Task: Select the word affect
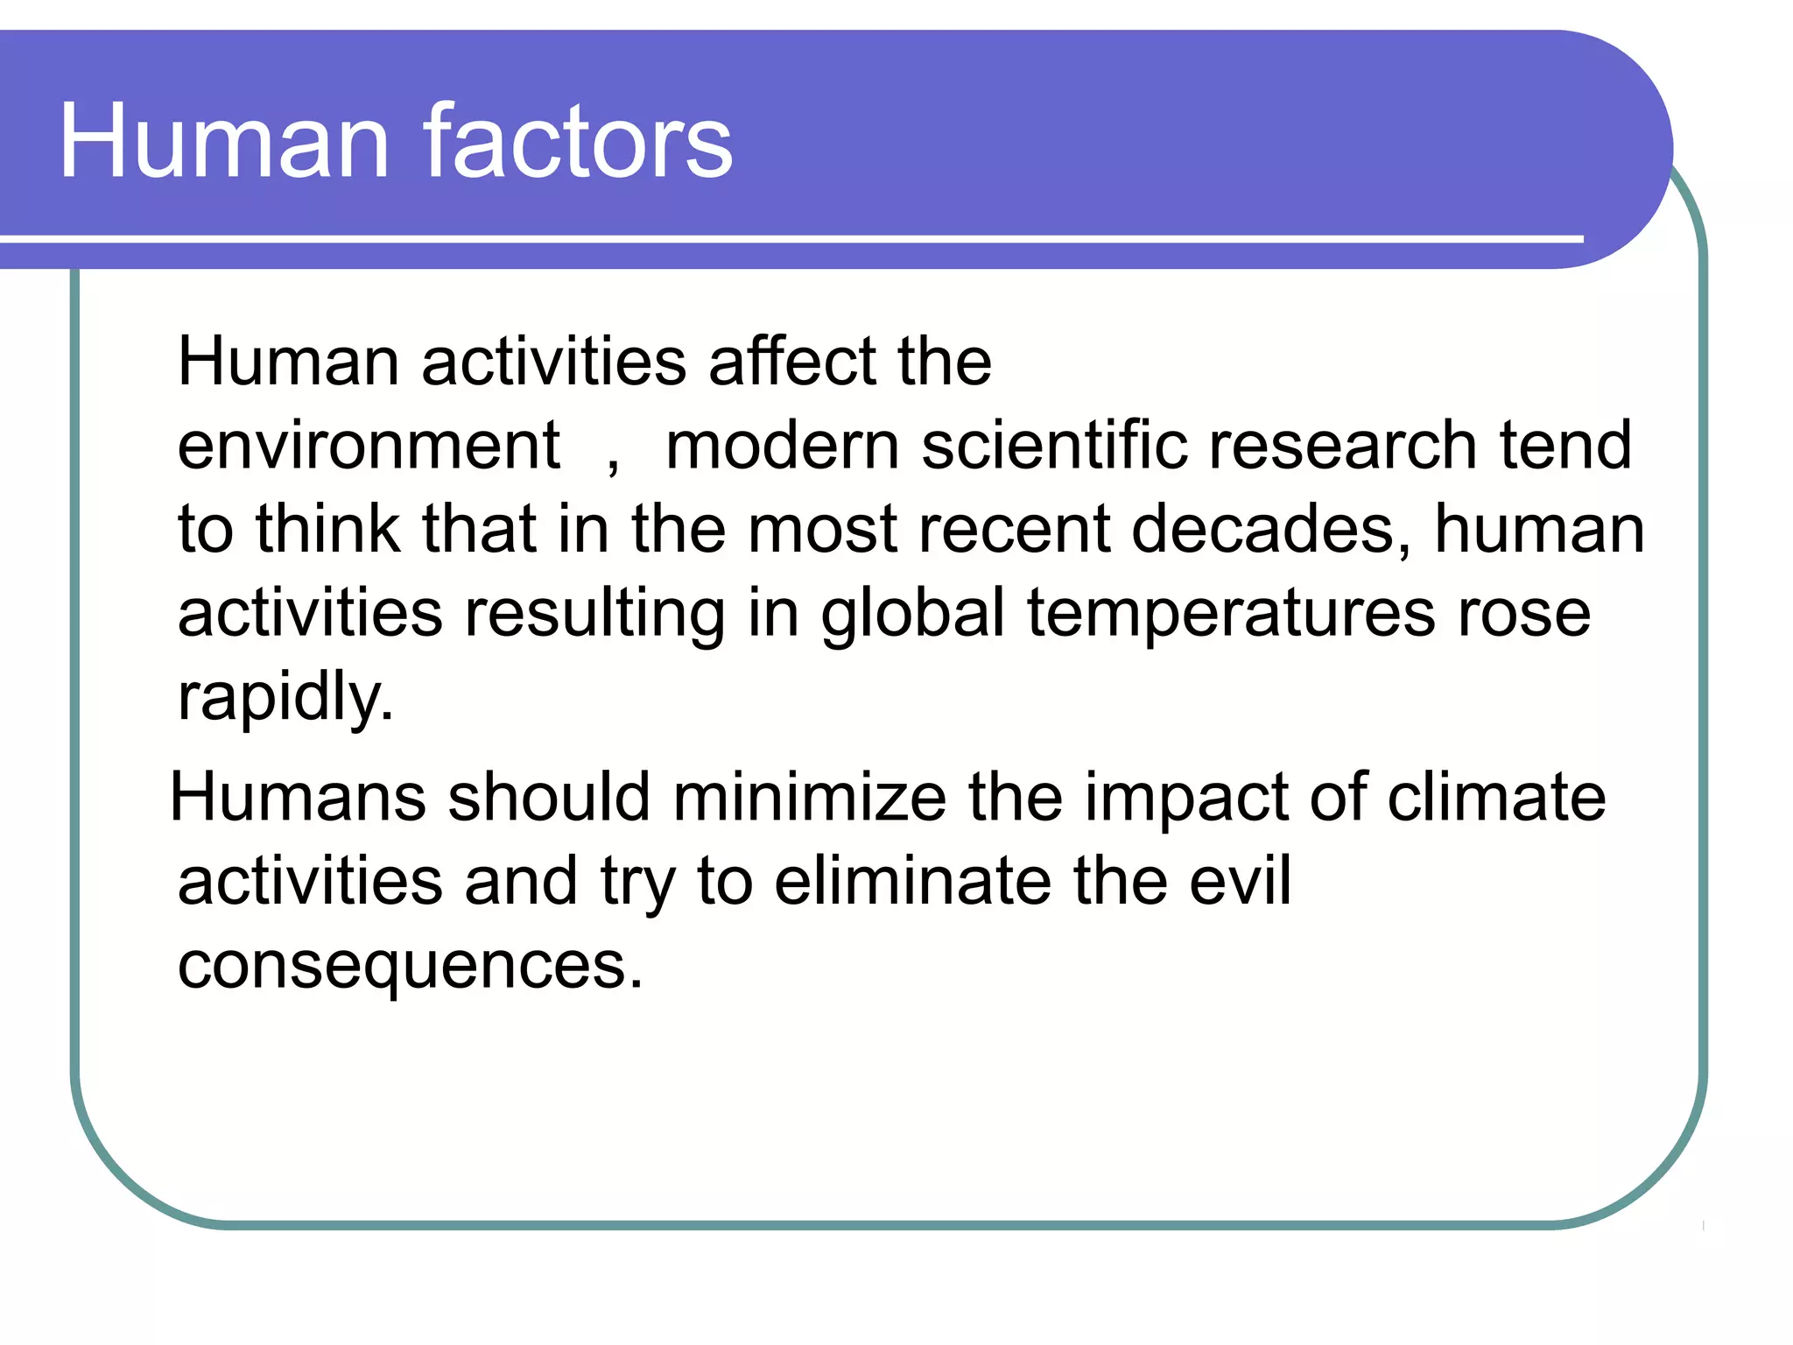click(x=792, y=361)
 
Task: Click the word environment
click(x=369, y=445)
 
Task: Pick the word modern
click(x=783, y=445)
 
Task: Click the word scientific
click(x=1054, y=445)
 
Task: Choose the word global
click(x=912, y=613)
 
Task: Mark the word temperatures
click(x=1231, y=615)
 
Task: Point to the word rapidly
click(x=285, y=697)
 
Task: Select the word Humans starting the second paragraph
click(x=298, y=797)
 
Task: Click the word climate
click(x=1496, y=797)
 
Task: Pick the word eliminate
click(x=912, y=881)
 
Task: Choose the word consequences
click(x=410, y=965)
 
